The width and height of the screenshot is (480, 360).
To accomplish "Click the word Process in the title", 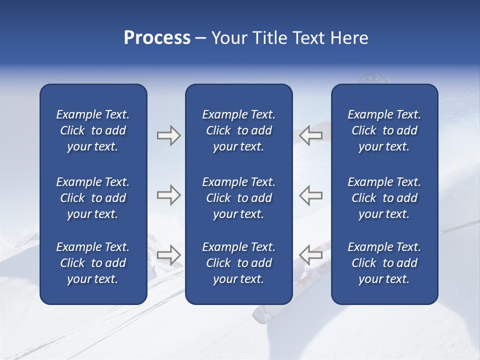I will click(157, 38).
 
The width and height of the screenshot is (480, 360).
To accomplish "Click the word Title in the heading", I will click(267, 38).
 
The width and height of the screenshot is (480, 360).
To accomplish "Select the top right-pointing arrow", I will click(168, 135).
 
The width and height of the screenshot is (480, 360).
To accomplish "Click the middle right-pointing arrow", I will click(168, 195).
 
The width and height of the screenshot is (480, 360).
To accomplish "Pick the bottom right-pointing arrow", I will click(168, 255).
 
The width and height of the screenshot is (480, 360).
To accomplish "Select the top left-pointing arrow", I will click(310, 135).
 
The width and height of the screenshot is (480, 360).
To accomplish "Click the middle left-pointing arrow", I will click(310, 195).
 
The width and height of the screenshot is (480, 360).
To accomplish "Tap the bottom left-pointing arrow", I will click(310, 255).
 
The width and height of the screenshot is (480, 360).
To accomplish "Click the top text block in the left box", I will click(93, 130).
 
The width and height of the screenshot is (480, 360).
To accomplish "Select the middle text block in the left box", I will click(93, 198).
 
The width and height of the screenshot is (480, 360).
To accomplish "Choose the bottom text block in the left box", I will click(93, 263).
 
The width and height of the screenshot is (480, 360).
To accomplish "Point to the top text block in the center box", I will click(238, 130).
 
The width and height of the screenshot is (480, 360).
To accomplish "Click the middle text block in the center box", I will click(238, 198).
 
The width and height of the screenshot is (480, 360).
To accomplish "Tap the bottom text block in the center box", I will click(238, 263).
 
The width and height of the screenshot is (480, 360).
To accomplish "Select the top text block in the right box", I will click(384, 130).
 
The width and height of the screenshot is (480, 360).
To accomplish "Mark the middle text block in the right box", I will click(384, 198).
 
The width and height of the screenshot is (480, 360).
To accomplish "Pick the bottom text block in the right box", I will click(384, 263).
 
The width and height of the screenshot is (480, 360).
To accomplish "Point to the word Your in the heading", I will click(228, 38).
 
